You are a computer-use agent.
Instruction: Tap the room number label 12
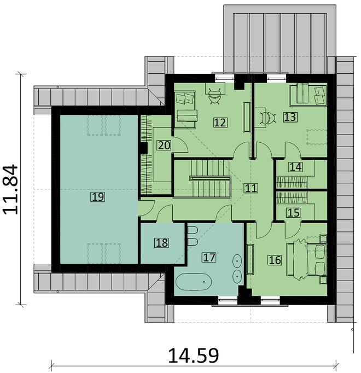[220, 123]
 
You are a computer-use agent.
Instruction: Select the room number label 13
[289, 116]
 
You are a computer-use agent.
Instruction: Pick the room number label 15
[294, 212]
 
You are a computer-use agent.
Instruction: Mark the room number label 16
[275, 260]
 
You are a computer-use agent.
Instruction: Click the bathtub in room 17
[193, 283]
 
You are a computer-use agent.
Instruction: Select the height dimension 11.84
[12, 189]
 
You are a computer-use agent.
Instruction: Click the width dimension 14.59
[194, 356]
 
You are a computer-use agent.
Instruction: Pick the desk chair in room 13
[269, 118]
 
